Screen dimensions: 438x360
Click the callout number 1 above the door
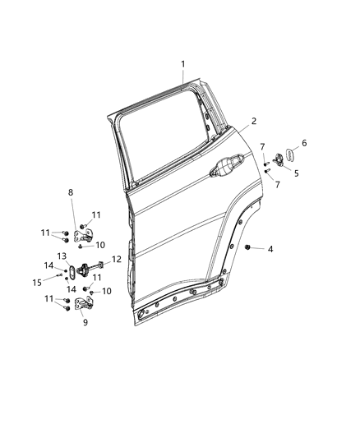tap(182, 64)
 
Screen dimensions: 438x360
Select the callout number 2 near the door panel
tap(254, 121)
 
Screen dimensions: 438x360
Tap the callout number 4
tap(269, 248)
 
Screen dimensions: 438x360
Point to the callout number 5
tap(297, 173)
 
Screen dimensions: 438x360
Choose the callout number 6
tap(304, 143)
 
